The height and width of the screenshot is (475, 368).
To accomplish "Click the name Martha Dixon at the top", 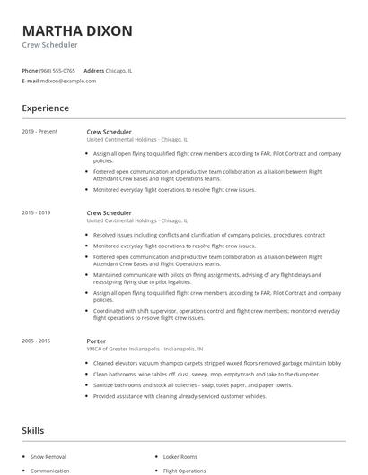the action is [77, 30].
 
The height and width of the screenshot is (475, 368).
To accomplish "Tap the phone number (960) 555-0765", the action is [57, 70].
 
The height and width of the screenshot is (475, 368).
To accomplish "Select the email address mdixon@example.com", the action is [68, 81].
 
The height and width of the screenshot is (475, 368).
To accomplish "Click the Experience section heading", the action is [45, 108].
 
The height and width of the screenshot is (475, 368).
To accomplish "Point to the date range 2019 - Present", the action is [39, 132].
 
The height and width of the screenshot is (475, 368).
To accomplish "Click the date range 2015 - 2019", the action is [37, 212].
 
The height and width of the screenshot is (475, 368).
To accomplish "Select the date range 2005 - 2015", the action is [37, 341].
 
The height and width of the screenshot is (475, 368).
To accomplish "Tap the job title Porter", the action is [96, 341].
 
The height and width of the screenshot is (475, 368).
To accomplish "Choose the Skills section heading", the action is [32, 431].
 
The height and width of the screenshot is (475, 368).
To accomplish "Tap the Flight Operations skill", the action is [184, 470].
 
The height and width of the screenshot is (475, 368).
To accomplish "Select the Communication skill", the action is [50, 470].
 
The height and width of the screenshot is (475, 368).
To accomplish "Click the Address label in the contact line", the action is [93, 70].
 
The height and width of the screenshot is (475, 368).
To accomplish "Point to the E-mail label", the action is [30, 81].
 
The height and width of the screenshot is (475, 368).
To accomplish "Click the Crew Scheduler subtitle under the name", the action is [49, 44].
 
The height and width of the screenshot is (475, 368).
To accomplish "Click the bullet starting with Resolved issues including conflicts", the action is [209, 234].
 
